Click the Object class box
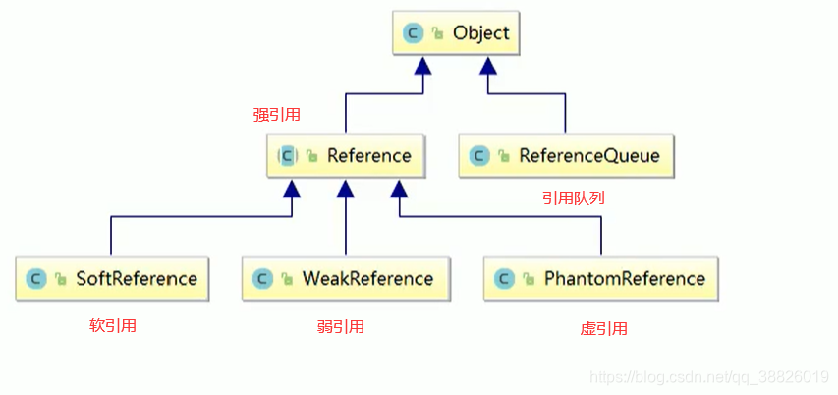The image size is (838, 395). pos(455,33)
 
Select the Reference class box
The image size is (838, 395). pos(345,155)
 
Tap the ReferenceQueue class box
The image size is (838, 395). pos(565,155)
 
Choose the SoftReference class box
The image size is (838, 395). pos(113,278)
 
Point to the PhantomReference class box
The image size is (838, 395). pos(600,278)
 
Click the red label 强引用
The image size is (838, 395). pos(276,115)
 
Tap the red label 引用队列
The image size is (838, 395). pos(573,197)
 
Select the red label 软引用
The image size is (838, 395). pos(113,326)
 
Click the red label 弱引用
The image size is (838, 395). pos(341,327)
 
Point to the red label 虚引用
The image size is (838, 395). pos(603,329)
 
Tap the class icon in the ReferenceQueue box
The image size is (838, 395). pos(479,155)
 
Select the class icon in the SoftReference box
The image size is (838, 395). pos(36,278)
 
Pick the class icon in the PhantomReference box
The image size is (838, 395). pos(504,278)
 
